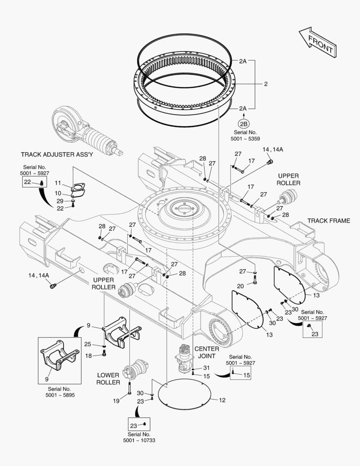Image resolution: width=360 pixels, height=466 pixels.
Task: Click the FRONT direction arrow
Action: pyautogui.click(x=317, y=42)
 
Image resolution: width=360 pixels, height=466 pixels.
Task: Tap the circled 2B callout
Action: pyautogui.click(x=243, y=124)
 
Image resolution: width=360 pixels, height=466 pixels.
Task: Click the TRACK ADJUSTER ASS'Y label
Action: pyautogui.click(x=57, y=154)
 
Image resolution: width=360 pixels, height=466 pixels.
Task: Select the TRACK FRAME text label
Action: pyautogui.click(x=329, y=221)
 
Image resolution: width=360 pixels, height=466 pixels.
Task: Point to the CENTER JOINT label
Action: pyautogui.click(x=207, y=352)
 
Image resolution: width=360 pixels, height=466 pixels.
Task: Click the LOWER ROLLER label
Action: pyautogui.click(x=108, y=379)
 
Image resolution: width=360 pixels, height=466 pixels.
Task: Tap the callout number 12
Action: pyautogui.click(x=222, y=400)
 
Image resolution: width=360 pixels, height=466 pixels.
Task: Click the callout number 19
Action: pyautogui.click(x=116, y=401)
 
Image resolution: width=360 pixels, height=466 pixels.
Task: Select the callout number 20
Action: pyautogui.click(x=240, y=286)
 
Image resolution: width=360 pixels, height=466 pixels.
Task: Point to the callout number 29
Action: pyautogui.click(x=60, y=201)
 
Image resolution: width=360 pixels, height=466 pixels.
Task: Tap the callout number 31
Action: pyautogui.click(x=207, y=368)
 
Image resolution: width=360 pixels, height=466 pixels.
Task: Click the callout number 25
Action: pyautogui.click(x=88, y=344)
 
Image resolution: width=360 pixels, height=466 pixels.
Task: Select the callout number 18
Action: pyautogui.click(x=88, y=356)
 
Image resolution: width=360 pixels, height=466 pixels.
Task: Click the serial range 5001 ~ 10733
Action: pyautogui.click(x=139, y=440)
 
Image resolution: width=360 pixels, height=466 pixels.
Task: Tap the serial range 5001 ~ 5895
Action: pyautogui.click(x=60, y=395)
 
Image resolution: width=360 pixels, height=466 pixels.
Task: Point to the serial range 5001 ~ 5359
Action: pyautogui.click(x=245, y=139)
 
